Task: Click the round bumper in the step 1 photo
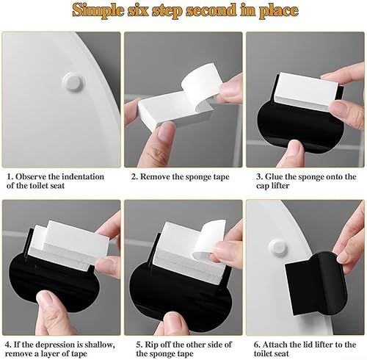[x=73, y=81]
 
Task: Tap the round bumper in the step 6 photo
[x=277, y=247]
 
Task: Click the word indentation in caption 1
[x=83, y=176]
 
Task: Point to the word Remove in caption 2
[x=154, y=176]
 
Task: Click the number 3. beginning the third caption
[x=259, y=176]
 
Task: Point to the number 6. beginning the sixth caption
[x=257, y=345]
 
